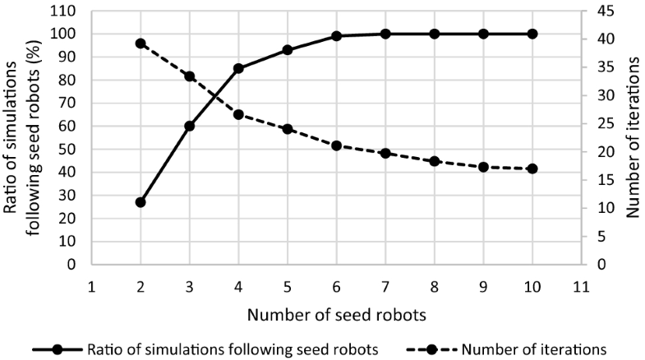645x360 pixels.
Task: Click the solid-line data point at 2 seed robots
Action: pos(141,202)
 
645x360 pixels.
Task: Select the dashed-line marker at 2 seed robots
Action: pos(141,44)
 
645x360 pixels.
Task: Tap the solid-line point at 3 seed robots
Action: pos(190,126)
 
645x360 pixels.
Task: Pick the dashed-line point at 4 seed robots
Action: pos(238,114)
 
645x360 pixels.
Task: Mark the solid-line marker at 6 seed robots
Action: pos(336,36)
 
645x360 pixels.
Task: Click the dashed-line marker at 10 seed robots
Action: pos(532,168)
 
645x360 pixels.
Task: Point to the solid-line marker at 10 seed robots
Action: pos(532,34)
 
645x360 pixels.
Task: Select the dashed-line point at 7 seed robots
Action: pos(385,153)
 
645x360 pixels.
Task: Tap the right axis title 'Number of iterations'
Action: pos(633,138)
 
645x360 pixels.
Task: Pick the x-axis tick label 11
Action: pos(581,287)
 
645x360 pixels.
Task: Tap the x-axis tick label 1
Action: pos(91,287)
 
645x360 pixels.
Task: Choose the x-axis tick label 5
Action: pos(288,287)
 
